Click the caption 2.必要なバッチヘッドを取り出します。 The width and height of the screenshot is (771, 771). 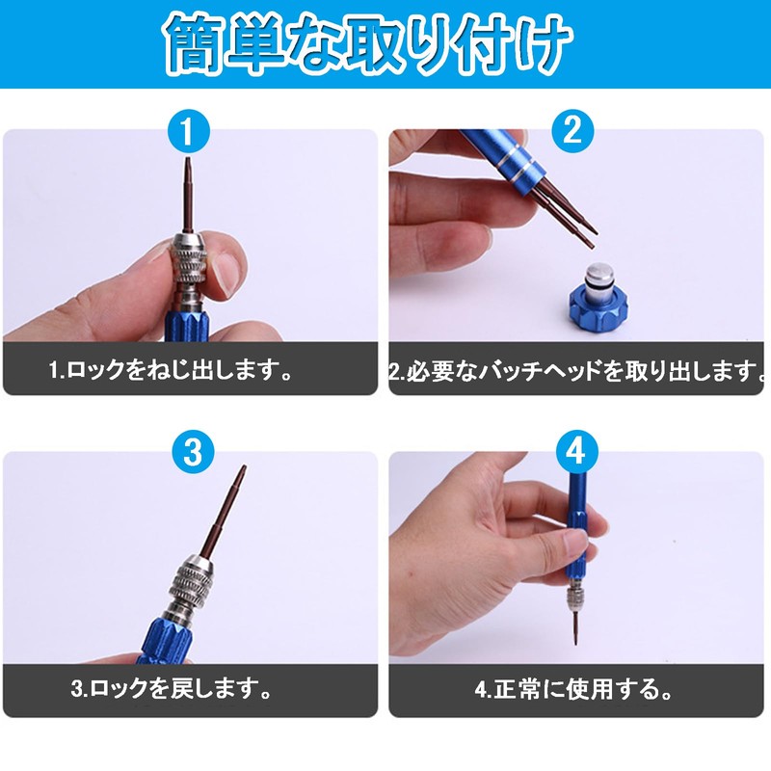[x=576, y=370]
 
